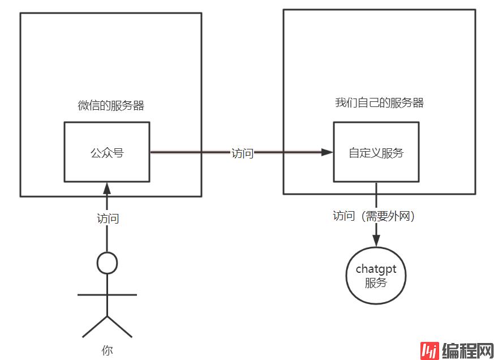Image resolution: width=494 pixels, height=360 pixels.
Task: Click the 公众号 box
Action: tap(107, 152)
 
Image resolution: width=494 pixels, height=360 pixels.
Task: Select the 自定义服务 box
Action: tap(376, 152)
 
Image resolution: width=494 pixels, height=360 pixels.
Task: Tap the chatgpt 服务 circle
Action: tap(376, 276)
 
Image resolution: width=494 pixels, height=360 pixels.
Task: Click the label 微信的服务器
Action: tap(111, 106)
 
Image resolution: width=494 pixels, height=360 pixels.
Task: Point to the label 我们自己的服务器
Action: tap(379, 102)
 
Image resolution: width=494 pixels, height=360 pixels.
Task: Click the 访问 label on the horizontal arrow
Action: tap(242, 153)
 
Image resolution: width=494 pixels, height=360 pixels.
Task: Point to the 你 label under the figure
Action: tap(108, 350)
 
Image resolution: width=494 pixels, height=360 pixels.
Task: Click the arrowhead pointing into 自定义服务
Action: tap(327, 152)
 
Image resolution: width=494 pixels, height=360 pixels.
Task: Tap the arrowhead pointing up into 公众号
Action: tap(108, 187)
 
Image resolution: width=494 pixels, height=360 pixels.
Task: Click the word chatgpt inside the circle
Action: tap(376, 269)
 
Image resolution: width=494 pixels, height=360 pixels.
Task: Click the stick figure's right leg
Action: tap(120, 327)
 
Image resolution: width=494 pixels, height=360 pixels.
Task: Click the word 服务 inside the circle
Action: tap(376, 283)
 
